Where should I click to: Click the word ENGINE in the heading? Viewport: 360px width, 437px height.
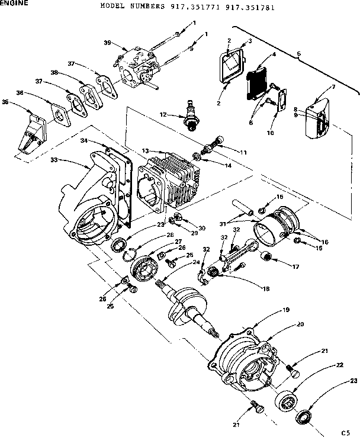14,3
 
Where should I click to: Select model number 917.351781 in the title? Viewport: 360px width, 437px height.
250,8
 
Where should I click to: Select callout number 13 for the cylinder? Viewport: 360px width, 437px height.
129,150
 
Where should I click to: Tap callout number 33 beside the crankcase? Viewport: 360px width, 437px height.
53,160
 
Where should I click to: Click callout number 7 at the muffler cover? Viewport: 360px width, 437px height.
333,86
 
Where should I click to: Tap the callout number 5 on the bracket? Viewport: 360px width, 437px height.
298,53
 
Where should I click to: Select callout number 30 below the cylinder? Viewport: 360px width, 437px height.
201,228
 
